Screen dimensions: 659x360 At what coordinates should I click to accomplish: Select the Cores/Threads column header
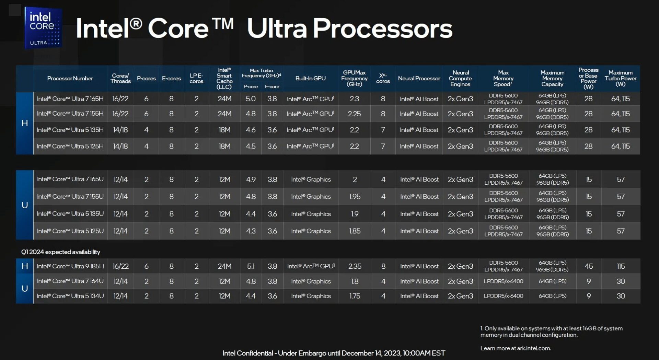pos(120,78)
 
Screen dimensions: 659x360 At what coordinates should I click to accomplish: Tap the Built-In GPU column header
pos(310,78)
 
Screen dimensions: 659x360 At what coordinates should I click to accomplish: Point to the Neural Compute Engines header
pos(460,78)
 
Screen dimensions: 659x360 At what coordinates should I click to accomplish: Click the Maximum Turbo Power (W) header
pos(621,78)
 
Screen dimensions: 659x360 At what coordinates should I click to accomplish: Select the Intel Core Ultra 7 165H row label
pos(70,99)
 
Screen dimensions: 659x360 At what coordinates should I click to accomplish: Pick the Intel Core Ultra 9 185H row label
pos(70,266)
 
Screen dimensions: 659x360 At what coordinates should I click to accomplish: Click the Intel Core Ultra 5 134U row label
pos(70,296)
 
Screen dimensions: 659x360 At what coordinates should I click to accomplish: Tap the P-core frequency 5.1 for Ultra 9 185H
pos(251,266)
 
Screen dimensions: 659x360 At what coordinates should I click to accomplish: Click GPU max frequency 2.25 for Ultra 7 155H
pos(354,114)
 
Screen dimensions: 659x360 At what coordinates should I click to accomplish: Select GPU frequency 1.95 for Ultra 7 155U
pos(355,197)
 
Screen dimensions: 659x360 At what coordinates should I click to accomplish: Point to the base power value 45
pos(589,266)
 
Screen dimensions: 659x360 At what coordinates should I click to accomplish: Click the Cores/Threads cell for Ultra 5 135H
pos(120,130)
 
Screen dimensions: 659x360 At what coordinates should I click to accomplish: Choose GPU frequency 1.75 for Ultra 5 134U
pos(355,296)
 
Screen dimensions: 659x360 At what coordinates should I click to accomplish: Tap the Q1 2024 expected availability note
pos(60,252)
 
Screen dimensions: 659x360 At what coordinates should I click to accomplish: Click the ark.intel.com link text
pos(533,348)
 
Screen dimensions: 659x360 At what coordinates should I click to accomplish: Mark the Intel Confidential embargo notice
pos(334,353)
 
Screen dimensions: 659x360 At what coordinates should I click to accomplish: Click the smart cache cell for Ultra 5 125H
pos(224,146)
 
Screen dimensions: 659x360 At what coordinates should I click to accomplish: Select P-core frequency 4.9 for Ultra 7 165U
pos(251,179)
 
